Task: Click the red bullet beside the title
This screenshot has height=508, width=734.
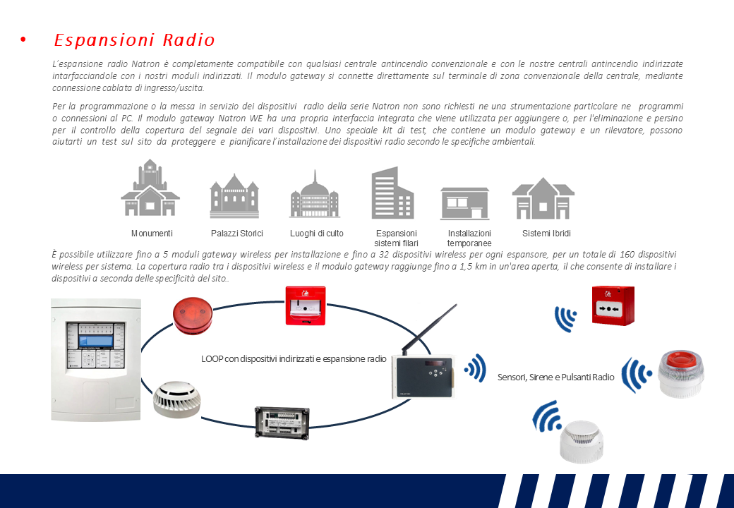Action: pyautogui.click(x=23, y=40)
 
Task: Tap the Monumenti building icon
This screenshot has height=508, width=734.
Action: pyautogui.click(x=150, y=188)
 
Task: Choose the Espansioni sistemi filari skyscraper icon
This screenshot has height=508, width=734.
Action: pyautogui.click(x=392, y=193)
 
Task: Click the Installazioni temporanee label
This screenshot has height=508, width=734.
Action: pyautogui.click(x=469, y=238)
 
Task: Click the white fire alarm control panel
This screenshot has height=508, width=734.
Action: pyautogui.click(x=95, y=359)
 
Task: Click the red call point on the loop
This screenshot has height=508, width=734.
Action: pyautogui.click(x=305, y=305)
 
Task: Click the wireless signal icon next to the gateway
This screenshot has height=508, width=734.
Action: pyautogui.click(x=476, y=368)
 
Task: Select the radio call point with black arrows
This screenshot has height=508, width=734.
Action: pyautogui.click(x=613, y=306)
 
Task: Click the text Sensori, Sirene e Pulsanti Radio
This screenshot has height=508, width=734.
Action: pyautogui.click(x=555, y=377)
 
